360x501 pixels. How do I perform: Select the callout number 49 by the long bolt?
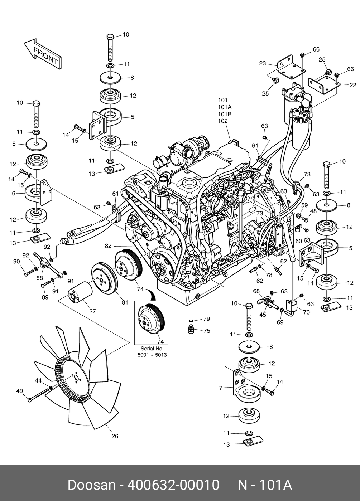tap(20, 391)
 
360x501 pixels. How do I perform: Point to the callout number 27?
tap(92, 311)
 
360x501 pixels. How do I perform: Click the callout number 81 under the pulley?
tap(125, 302)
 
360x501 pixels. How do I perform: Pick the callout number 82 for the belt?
tap(108, 246)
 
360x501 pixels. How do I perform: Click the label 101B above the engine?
tap(225, 114)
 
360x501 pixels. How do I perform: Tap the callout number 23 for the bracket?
tap(263, 64)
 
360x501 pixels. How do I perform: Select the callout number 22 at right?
tap(353, 85)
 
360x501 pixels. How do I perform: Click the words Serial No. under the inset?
tap(152, 349)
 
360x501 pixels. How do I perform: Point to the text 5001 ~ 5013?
tap(152, 355)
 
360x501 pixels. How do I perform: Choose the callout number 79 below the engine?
tap(206, 319)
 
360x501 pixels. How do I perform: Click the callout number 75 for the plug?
tap(206, 331)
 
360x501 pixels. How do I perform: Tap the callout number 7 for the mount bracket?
tap(221, 388)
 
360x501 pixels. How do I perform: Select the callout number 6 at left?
tap(14, 193)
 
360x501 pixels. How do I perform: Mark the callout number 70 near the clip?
tap(306, 312)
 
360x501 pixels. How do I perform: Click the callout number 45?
tap(263, 315)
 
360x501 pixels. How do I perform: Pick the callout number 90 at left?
tap(16, 262)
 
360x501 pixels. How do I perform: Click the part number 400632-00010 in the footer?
tap(173, 485)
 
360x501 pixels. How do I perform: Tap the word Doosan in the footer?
tap(92, 485)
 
